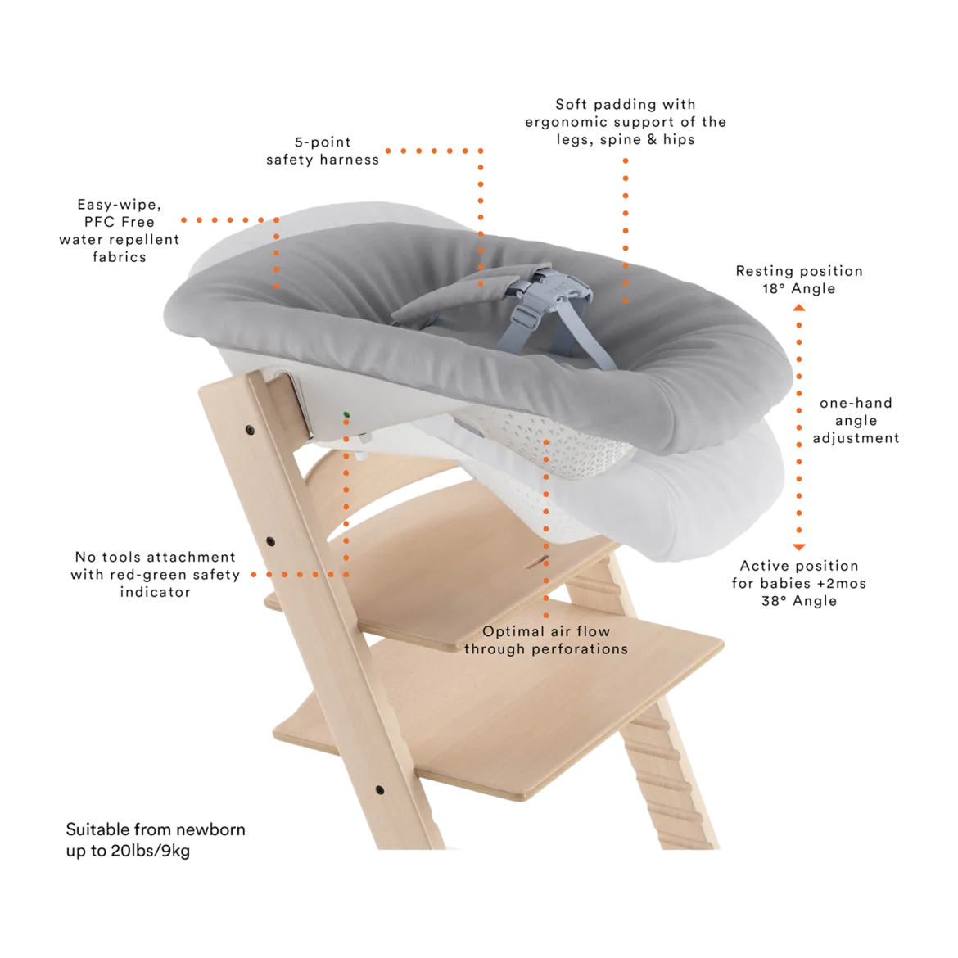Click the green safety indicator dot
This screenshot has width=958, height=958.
click(x=346, y=415)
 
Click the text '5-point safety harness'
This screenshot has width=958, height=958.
click(x=323, y=151)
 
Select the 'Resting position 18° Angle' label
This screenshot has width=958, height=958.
click(x=799, y=279)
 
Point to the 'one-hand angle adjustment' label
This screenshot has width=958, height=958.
click(x=856, y=420)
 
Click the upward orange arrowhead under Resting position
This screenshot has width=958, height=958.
click(x=799, y=308)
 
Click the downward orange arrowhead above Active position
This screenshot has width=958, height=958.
click(x=799, y=547)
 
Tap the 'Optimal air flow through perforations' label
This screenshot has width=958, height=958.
click(x=546, y=640)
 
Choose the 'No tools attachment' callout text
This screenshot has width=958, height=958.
click(x=156, y=574)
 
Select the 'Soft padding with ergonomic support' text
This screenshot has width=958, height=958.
click(x=626, y=121)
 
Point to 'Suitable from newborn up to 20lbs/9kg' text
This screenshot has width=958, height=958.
click(x=156, y=839)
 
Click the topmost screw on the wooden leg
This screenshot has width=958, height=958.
click(x=250, y=431)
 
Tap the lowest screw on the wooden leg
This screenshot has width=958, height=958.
click(x=379, y=790)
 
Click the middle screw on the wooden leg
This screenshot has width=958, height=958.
click(x=271, y=542)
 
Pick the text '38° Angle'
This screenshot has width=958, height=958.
click(x=799, y=601)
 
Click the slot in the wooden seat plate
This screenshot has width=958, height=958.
click(x=539, y=561)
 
